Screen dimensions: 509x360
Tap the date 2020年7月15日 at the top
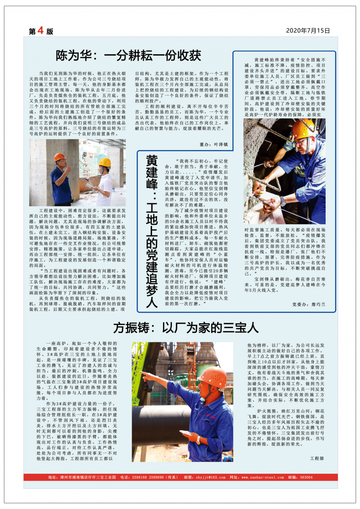(308, 31)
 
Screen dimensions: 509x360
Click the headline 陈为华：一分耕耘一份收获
(129, 56)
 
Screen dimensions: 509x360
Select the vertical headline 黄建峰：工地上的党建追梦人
(151, 231)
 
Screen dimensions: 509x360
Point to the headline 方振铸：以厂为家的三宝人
(186, 328)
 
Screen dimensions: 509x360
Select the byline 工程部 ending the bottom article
(317, 459)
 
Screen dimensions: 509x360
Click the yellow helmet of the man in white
(104, 162)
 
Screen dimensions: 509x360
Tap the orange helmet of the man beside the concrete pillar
(59, 157)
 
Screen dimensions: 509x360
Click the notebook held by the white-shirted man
(90, 186)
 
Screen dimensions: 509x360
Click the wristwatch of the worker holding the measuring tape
(283, 201)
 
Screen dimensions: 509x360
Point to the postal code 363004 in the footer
(306, 477)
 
